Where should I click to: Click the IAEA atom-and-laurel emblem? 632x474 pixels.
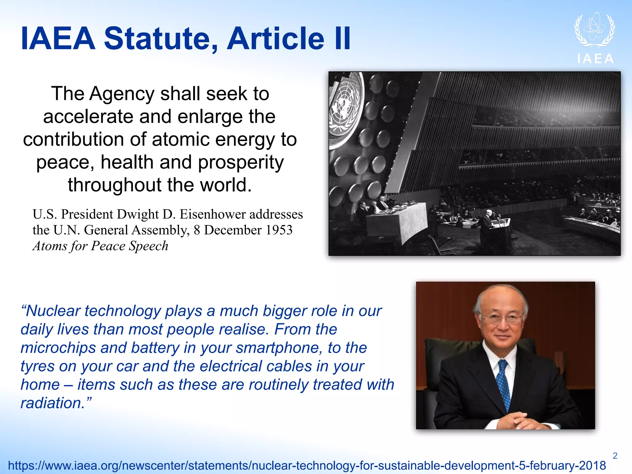[594, 30]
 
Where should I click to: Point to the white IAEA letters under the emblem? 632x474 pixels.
[596, 59]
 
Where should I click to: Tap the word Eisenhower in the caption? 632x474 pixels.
[241, 214]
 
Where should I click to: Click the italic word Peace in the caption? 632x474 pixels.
[108, 246]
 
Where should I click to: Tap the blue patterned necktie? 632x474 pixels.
[504, 386]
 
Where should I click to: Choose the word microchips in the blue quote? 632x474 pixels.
[58, 348]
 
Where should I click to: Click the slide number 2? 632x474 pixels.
[615, 456]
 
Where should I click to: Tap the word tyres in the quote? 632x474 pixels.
[37, 366]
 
